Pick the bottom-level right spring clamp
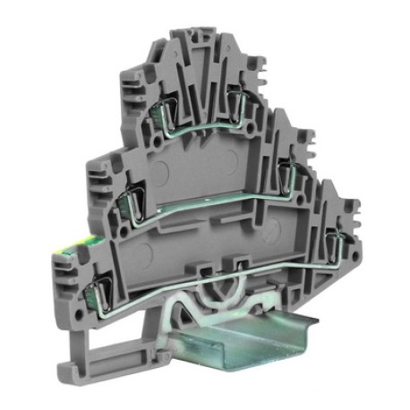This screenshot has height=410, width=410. (332, 240)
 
